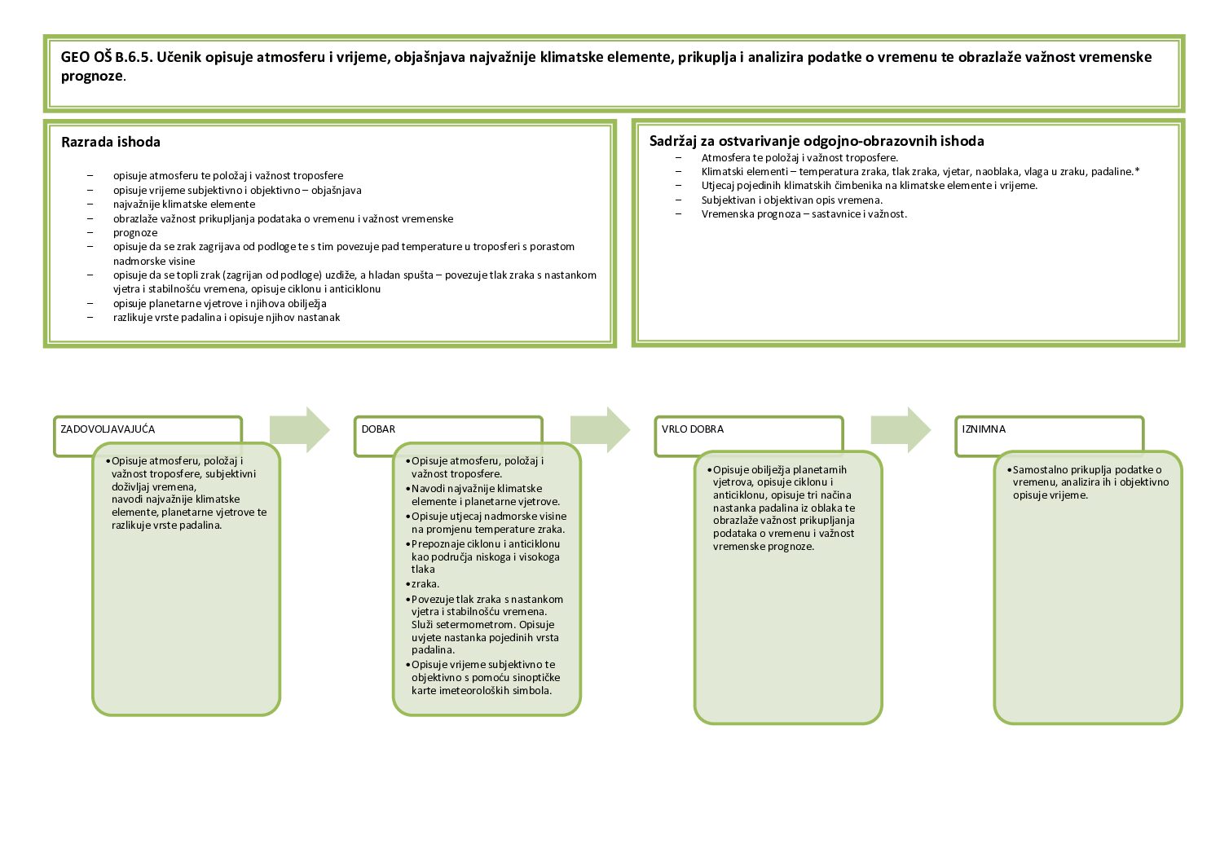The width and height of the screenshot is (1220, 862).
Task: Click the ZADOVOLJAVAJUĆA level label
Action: (x=108, y=429)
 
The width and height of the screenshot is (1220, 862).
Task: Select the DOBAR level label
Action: (x=378, y=429)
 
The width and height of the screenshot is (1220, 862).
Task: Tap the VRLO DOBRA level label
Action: (x=693, y=429)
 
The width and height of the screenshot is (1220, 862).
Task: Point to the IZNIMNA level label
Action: (x=984, y=429)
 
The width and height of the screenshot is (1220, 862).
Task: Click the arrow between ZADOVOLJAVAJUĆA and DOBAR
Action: (x=299, y=429)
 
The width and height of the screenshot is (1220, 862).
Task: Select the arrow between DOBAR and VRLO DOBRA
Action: (x=600, y=429)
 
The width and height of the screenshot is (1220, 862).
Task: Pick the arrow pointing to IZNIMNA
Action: (x=901, y=429)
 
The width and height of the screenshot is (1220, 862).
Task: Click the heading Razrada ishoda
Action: (x=111, y=142)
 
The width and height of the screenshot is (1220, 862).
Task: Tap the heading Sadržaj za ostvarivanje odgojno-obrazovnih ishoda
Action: (x=817, y=141)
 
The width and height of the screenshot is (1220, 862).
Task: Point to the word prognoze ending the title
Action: (x=91, y=77)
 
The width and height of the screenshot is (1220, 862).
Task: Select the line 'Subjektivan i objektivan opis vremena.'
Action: (x=791, y=200)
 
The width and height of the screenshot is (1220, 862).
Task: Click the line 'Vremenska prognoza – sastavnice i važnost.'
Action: (x=804, y=213)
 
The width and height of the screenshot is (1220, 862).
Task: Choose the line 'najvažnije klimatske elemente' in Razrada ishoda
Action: (x=184, y=205)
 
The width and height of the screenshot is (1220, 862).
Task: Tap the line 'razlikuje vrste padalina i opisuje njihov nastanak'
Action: (x=227, y=317)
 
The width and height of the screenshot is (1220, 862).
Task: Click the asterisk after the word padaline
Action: (x=1137, y=171)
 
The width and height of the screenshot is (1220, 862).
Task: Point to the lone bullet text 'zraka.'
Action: (x=425, y=583)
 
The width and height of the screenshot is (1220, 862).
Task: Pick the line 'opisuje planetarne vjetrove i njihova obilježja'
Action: (x=220, y=303)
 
